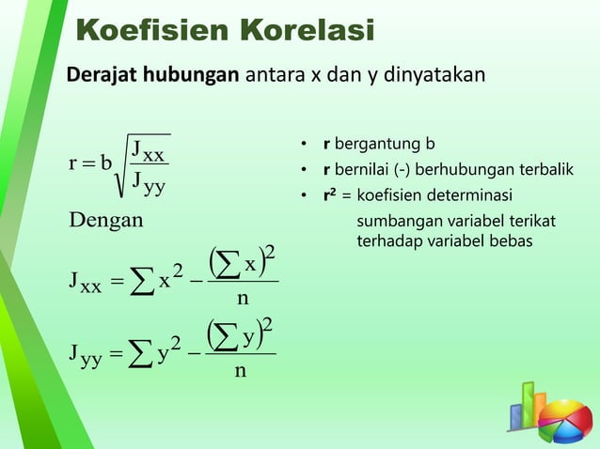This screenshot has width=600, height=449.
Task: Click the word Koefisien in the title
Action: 147,31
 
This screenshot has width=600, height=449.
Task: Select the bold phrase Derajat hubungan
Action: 151,74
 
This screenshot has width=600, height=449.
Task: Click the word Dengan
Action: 106,221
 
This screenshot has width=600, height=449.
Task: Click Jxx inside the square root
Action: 149,149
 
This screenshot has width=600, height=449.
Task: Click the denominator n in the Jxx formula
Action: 242,300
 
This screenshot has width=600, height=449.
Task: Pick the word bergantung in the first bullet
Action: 377,145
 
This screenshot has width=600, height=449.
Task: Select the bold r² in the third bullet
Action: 328,195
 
